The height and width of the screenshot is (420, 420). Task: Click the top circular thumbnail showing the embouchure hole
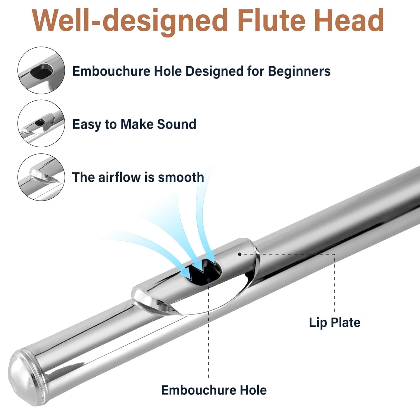click(41, 70)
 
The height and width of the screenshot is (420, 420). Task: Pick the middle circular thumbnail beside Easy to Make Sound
click(41, 123)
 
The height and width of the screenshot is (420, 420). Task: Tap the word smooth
click(181, 177)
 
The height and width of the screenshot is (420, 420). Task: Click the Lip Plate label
click(334, 322)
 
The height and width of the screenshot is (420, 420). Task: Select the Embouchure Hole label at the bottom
click(214, 390)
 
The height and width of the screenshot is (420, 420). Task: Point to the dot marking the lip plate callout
click(240, 254)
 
